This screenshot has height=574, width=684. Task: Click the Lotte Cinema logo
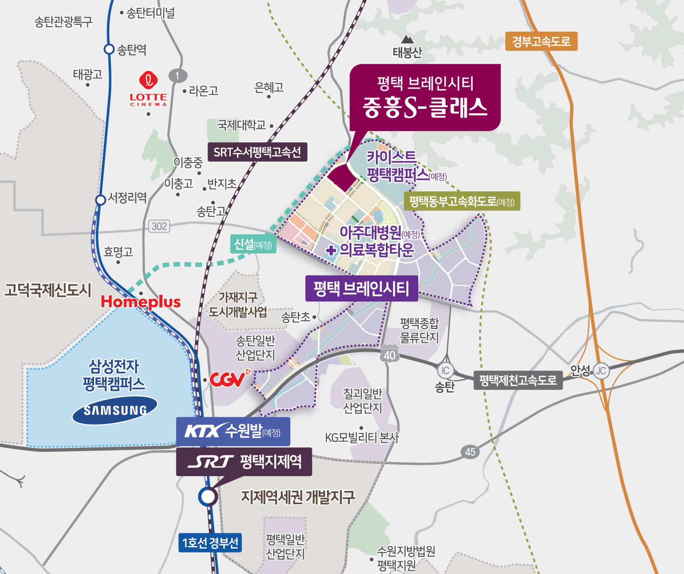pyautogui.click(x=148, y=89)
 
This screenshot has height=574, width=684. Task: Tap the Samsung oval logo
pyautogui.click(x=115, y=410)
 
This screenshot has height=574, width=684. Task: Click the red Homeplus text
pyautogui.click(x=141, y=302)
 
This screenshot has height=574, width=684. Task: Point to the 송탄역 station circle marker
pyautogui.click(x=109, y=49)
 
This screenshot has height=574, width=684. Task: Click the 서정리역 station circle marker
pyautogui.click(x=101, y=200)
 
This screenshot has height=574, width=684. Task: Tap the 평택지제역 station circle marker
pyautogui.click(x=208, y=496)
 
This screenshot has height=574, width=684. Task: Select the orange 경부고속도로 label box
pyautogui.click(x=541, y=42)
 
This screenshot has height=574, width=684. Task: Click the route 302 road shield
pyautogui.click(x=159, y=226)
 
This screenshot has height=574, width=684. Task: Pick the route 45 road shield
pyautogui.click(x=470, y=452)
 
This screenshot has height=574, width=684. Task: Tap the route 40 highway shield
pyautogui.click(x=389, y=354)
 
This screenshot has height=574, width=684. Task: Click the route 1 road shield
pyautogui.click(x=177, y=75)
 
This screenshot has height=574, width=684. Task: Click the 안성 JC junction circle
pyautogui.click(x=601, y=371)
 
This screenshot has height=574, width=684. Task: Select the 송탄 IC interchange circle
pyautogui.click(x=445, y=370)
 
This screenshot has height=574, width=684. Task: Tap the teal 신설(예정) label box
pyautogui.click(x=253, y=244)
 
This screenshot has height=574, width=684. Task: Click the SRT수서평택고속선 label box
pyautogui.click(x=257, y=152)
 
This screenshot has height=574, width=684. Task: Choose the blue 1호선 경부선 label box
pyautogui.click(x=210, y=543)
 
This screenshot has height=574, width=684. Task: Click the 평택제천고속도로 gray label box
pyautogui.click(x=518, y=380)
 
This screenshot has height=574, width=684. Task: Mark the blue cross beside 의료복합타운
pyautogui.click(x=331, y=250)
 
